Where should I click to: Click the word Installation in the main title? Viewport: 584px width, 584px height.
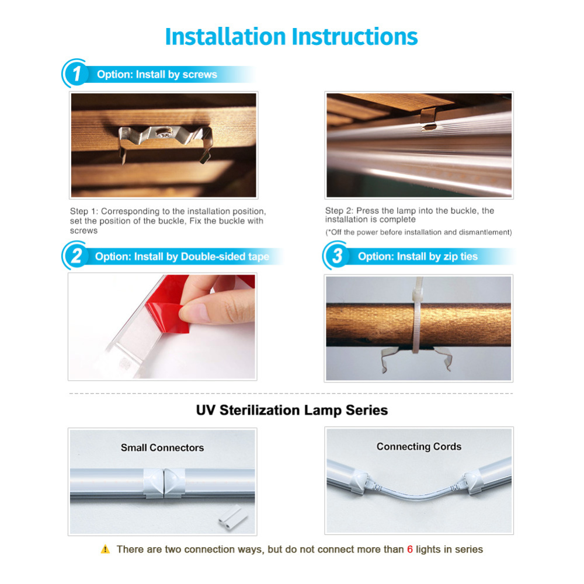[225, 37]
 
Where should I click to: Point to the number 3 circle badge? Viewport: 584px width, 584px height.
[337, 256]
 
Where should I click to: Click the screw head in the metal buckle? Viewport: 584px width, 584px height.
[163, 133]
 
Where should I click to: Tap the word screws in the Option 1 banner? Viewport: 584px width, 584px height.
[200, 75]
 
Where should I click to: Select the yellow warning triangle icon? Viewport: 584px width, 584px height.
[105, 549]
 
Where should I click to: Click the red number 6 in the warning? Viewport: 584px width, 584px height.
[410, 550]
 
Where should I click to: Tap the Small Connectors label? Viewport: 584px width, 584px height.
[162, 448]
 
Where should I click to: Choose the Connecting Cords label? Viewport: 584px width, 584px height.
[419, 447]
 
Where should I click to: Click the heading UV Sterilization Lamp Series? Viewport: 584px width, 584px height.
[292, 410]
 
